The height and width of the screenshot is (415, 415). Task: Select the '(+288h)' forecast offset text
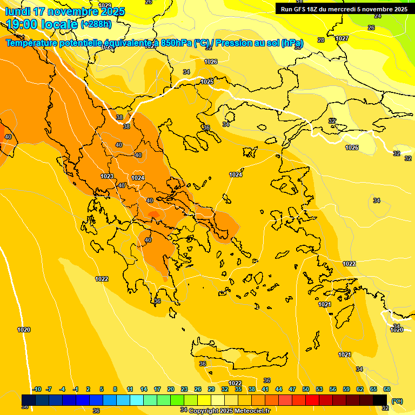point(96,24)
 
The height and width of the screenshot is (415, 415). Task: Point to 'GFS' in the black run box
point(303,9)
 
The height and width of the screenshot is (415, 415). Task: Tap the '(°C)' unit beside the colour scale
point(397,401)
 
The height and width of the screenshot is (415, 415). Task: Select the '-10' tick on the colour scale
point(37,389)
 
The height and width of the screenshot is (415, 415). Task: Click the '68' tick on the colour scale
point(387,389)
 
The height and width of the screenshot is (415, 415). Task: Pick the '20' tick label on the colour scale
point(171,389)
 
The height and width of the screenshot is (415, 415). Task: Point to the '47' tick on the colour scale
point(292,389)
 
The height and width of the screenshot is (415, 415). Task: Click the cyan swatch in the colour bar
point(137,400)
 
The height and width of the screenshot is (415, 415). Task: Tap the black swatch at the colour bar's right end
point(380,400)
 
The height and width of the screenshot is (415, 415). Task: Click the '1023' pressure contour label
point(107,176)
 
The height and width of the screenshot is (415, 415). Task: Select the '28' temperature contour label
point(321,40)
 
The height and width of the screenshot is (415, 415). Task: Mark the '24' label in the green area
point(378,16)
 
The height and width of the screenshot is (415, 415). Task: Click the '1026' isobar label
point(211,62)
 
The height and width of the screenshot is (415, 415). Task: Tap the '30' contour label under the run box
point(297,48)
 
